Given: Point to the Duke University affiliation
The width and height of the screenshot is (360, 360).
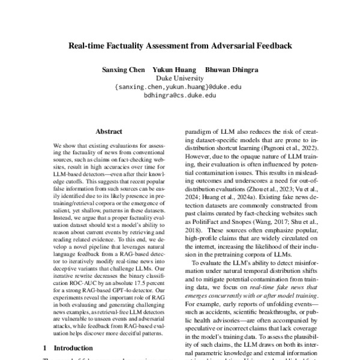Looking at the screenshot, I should (180, 78).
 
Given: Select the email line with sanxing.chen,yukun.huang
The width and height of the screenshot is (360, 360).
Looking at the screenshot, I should (178, 86).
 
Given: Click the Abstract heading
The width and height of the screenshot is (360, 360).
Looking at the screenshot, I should (108, 131).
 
